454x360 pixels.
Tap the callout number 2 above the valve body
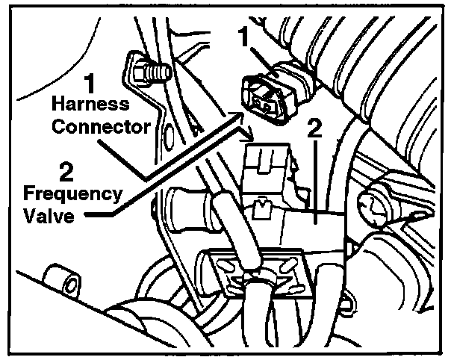point(315,128)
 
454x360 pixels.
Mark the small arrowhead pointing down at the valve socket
point(251,137)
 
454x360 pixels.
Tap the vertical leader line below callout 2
point(315,179)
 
